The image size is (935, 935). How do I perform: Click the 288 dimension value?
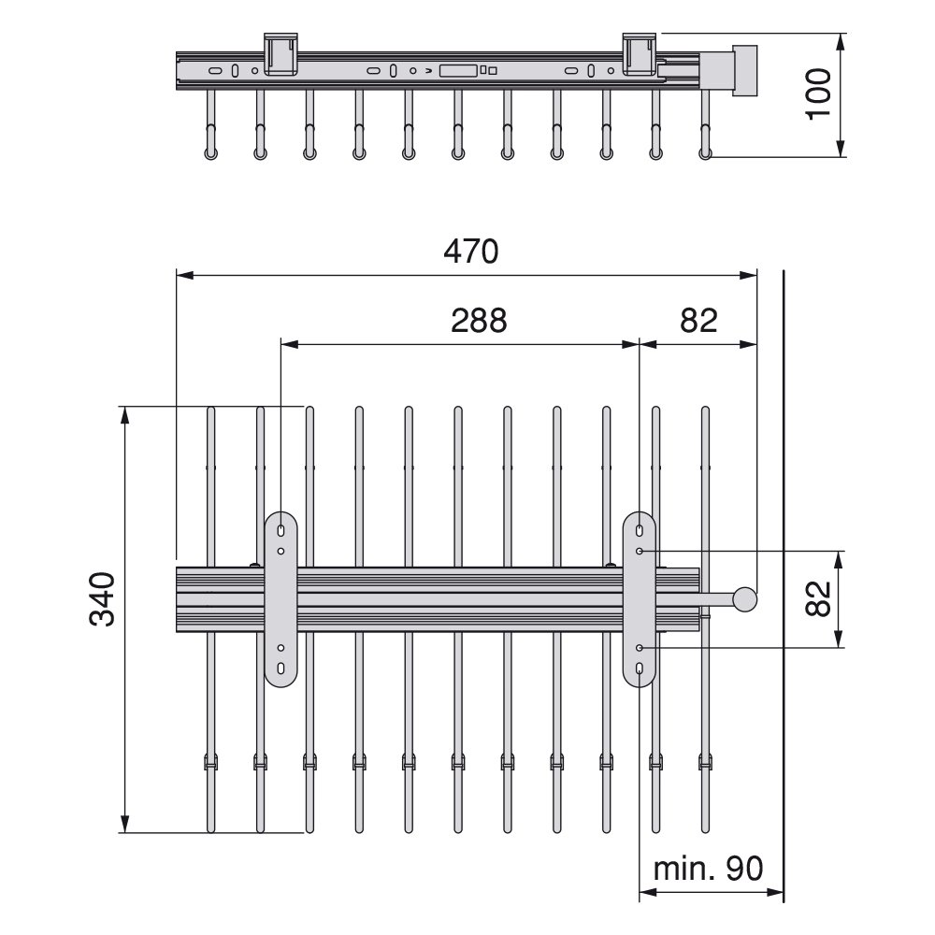pos(479,320)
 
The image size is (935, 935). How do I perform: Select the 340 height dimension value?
pos(102,598)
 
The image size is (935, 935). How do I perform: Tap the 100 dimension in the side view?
pos(818,94)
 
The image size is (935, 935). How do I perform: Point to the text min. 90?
pos(709,869)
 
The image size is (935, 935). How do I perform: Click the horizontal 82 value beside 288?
pos(698,320)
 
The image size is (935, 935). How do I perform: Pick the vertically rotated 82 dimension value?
pos(818,598)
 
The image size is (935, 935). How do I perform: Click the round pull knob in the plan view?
pos(745,599)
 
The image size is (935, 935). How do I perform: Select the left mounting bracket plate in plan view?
pos(280,598)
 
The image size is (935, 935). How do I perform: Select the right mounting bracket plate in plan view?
pos(640,598)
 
